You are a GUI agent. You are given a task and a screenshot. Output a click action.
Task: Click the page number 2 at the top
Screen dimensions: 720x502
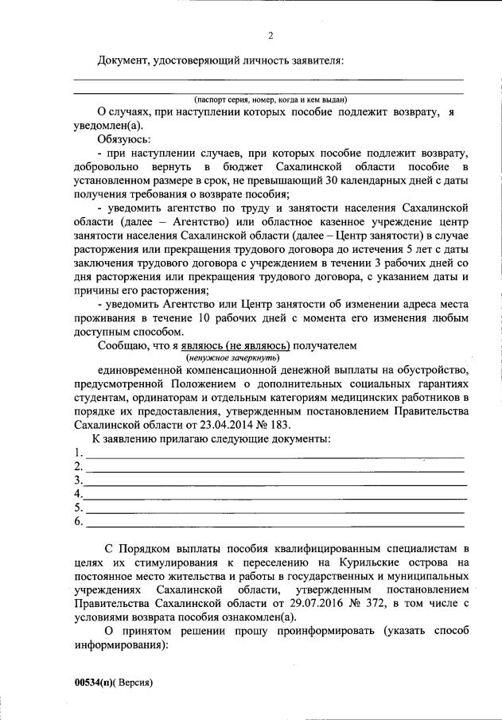point(270,36)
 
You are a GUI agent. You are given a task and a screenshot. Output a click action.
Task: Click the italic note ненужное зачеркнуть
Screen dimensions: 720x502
point(232,358)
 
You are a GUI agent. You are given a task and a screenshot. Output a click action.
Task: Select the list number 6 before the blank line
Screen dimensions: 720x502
point(78,521)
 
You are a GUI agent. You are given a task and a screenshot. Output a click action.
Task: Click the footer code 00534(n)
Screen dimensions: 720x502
point(96,683)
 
